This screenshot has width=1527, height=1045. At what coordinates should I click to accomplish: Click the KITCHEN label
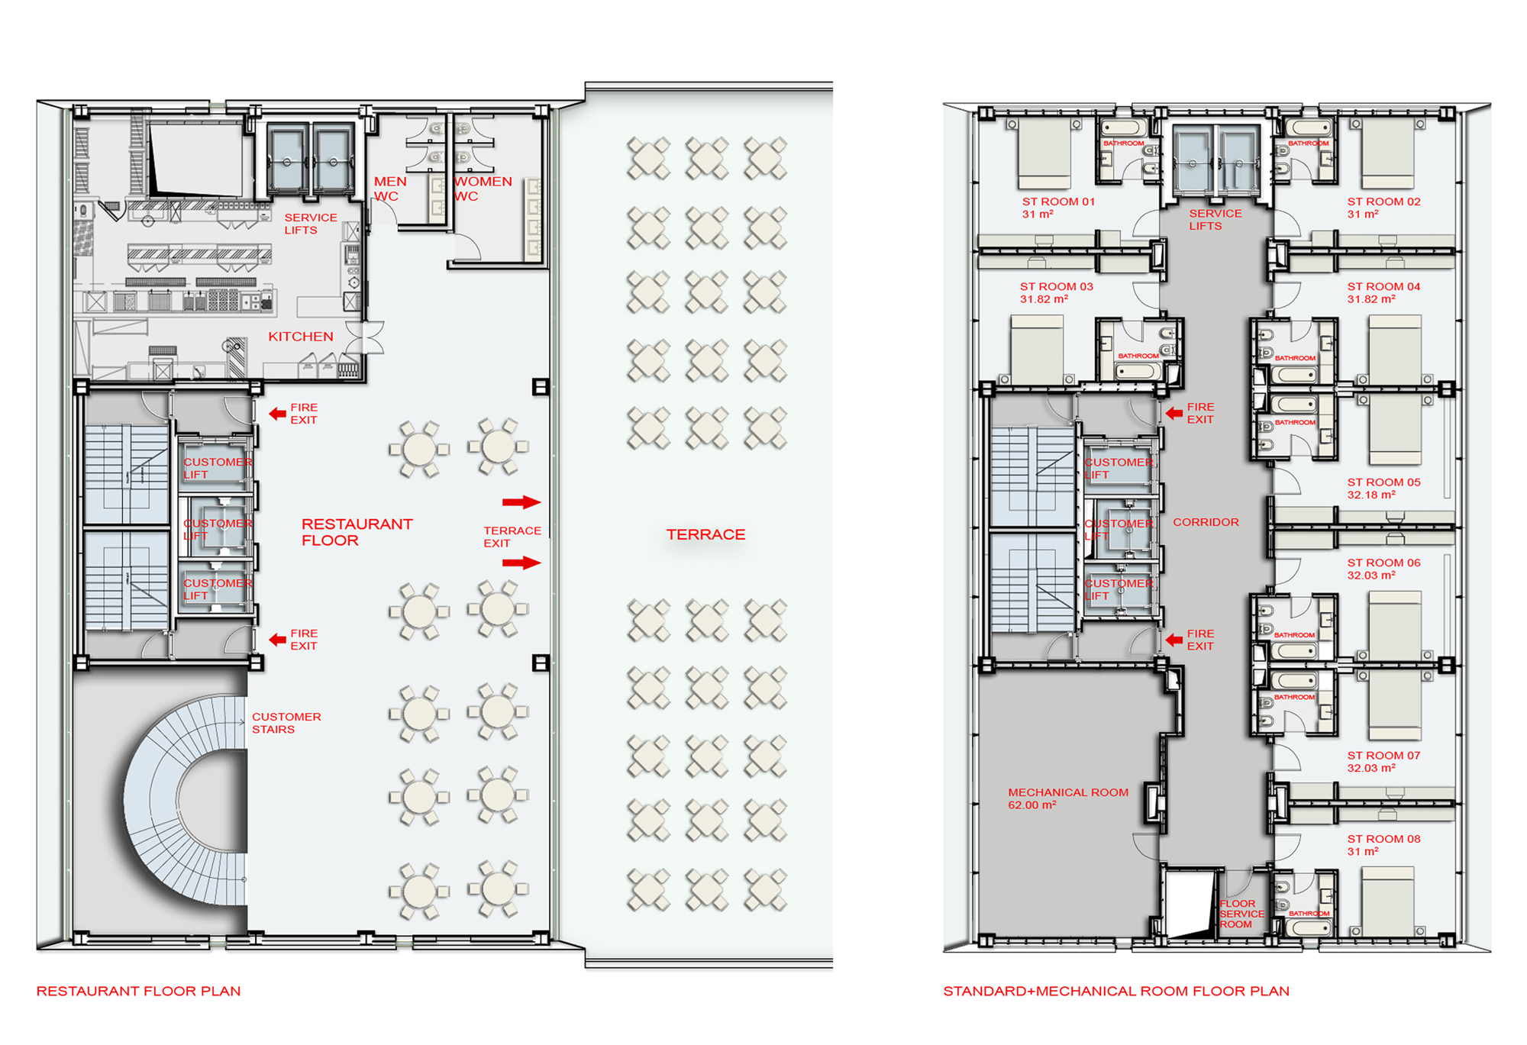point(301,337)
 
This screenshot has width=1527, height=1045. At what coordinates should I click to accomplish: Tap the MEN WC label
point(389,189)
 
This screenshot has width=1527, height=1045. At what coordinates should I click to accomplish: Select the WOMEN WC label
point(483,189)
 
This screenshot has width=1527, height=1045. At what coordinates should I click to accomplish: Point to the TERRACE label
point(705,534)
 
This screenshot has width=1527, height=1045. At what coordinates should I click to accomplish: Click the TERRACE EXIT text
point(512,537)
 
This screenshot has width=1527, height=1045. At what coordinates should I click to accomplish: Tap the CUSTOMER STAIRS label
point(286,723)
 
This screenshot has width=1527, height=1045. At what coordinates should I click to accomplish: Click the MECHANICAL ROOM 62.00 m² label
point(1067,798)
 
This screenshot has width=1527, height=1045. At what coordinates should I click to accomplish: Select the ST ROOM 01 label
point(1058,202)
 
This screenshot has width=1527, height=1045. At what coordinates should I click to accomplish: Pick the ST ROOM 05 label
point(1383,482)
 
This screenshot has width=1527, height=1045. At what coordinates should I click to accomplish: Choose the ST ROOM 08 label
point(1383,839)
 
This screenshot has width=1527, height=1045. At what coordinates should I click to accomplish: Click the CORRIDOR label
point(1206,522)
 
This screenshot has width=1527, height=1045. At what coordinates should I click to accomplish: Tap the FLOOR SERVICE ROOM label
point(1241,914)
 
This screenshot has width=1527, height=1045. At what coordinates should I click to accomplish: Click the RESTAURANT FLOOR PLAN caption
point(138,991)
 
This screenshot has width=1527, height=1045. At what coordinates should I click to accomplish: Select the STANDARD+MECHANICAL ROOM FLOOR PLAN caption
point(1116,991)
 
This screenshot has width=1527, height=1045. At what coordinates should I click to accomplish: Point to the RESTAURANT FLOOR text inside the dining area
point(357,532)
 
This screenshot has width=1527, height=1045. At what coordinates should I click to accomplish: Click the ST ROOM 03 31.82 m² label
point(1057,292)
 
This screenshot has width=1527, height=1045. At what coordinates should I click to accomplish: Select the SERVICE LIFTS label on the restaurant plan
point(311,224)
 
